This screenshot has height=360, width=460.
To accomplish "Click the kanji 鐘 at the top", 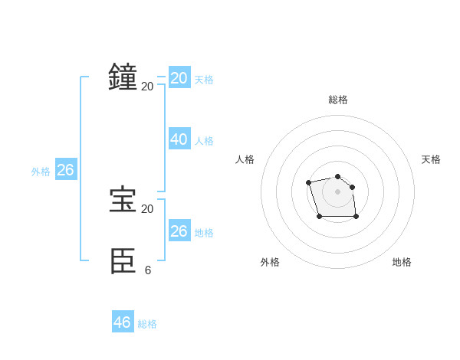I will click(x=123, y=77).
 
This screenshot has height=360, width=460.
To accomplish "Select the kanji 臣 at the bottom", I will click(x=123, y=261).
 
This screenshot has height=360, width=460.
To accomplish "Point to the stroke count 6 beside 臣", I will click(x=147, y=270).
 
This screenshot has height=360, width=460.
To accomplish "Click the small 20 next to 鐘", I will click(x=147, y=86).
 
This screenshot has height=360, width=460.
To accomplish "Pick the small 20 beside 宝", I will click(x=147, y=208).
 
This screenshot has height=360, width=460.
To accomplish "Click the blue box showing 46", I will click(x=123, y=322).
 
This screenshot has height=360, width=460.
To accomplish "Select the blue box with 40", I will click(x=179, y=139).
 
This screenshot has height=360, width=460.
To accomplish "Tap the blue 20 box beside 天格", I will click(x=179, y=78).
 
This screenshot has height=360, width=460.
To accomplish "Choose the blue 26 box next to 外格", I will click(x=65, y=170).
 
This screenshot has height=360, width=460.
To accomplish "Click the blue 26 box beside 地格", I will click(x=179, y=231).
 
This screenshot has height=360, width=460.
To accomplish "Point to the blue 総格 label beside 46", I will click(x=147, y=324).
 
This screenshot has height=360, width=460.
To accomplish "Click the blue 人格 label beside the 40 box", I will click(x=204, y=141).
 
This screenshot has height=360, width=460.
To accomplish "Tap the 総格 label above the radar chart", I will click(x=337, y=100).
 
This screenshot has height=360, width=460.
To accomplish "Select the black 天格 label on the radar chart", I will click(x=431, y=159).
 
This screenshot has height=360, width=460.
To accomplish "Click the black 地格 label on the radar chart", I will click(x=402, y=262).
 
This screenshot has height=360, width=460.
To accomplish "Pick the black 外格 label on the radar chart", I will click(x=270, y=262).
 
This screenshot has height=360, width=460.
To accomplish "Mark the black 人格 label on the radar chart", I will click(x=245, y=159).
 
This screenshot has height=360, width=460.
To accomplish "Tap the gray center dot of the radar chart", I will click(x=337, y=191).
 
